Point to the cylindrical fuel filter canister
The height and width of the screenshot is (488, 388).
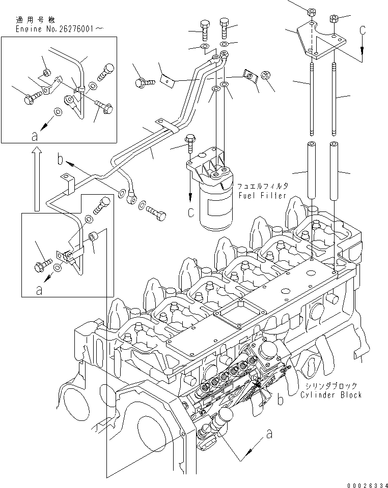tap(216, 203)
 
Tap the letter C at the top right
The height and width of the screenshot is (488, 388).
tap(363, 31)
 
